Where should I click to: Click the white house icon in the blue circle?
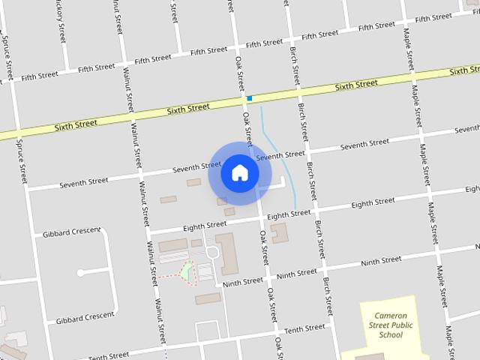click(240, 172)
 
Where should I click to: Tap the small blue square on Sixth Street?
click(249, 98)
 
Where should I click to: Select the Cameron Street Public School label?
click(391, 325)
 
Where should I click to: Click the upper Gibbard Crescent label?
click(72, 232)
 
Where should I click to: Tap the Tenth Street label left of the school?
click(304, 328)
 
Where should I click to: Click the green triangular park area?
click(185, 270)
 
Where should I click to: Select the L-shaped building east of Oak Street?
click(279, 233)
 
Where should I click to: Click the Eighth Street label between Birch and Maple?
click(373, 202)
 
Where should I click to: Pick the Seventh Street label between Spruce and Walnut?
click(84, 181)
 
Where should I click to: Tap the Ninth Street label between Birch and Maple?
click(380, 262)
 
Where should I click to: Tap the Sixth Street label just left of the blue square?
click(188, 109)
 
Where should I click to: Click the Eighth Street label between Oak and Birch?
click(289, 214)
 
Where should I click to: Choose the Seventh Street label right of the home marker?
click(280, 156)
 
